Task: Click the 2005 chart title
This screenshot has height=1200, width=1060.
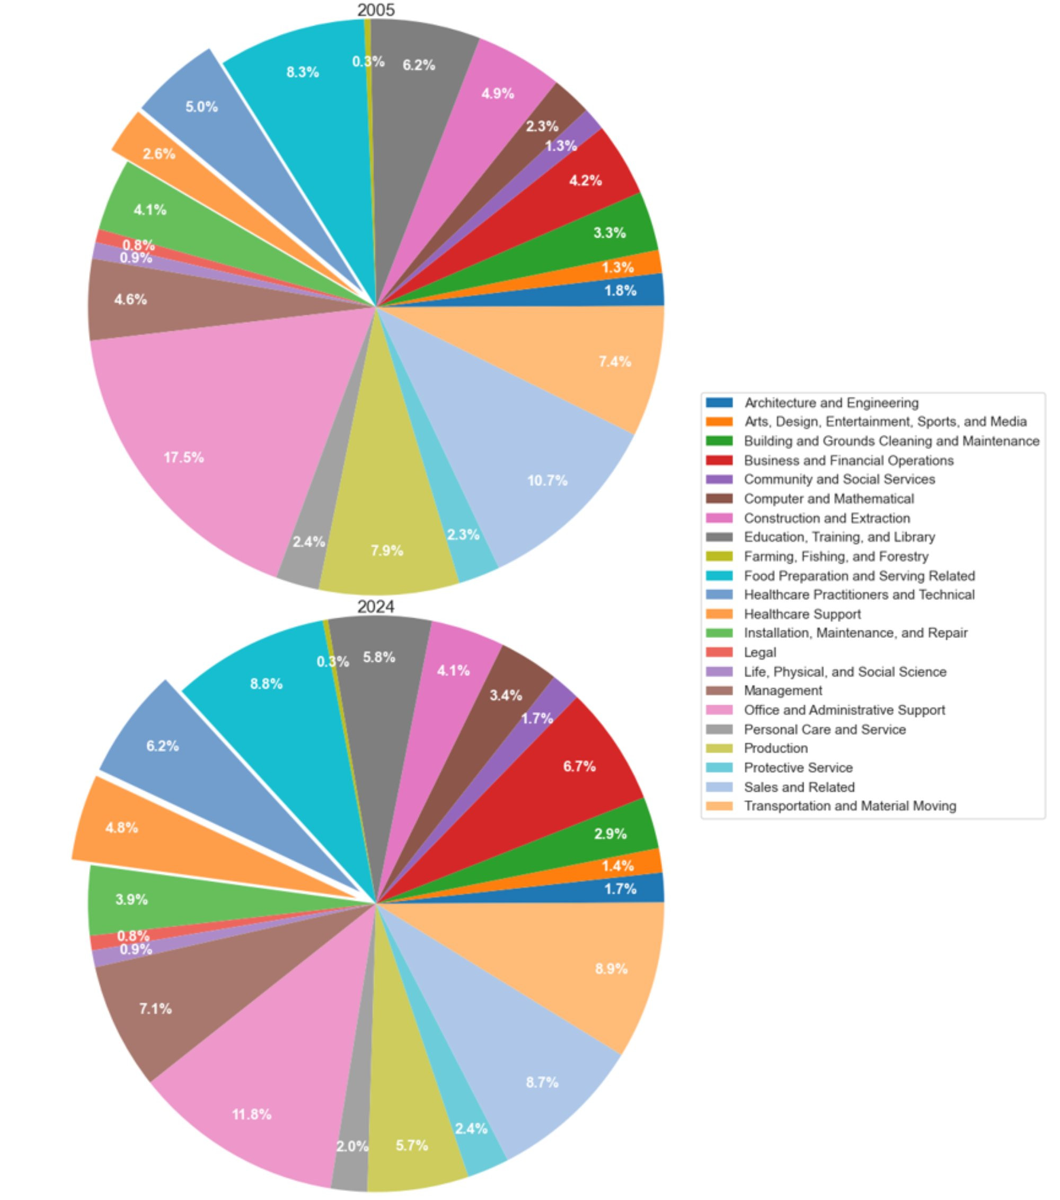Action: [x=376, y=10]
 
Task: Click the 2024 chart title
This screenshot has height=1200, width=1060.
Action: [x=376, y=607]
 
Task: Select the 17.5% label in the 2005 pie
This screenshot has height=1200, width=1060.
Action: [x=184, y=457]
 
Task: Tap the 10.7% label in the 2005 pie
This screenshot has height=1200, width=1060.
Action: [x=547, y=481]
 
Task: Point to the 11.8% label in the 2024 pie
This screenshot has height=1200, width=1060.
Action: [x=252, y=1114]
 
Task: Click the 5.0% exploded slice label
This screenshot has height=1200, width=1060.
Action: [x=201, y=107]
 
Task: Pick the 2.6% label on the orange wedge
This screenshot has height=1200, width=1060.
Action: [x=158, y=154]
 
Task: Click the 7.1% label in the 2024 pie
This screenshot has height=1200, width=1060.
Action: [x=155, y=1009]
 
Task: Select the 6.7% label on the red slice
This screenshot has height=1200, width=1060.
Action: [x=579, y=766]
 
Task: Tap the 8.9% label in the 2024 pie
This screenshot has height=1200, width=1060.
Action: [x=611, y=968]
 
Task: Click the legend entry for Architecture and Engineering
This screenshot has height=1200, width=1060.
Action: [x=831, y=403]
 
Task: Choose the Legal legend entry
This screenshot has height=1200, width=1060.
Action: [x=759, y=652]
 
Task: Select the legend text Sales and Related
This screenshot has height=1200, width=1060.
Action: [x=799, y=787]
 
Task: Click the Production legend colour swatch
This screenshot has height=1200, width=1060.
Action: [x=719, y=748]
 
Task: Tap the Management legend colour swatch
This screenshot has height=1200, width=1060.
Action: [x=719, y=690]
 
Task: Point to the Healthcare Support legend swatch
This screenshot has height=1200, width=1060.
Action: [x=719, y=614]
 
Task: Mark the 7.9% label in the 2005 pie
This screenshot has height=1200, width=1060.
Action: [x=387, y=550]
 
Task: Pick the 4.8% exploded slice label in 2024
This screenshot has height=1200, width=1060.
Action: [x=121, y=828]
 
